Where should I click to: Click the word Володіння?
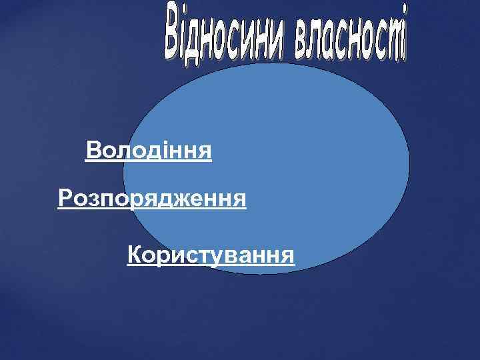point(149,151)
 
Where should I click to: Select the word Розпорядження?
point(152,198)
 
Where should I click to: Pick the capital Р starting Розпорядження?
point(64,198)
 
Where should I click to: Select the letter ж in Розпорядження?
point(184,198)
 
